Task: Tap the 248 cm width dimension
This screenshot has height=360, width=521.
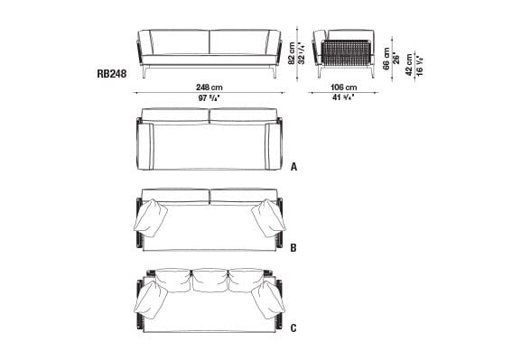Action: tap(210, 86)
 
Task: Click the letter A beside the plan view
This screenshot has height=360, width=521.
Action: tap(293, 167)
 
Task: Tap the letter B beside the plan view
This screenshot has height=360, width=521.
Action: tap(293, 245)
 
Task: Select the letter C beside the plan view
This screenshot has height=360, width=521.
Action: tap(293, 326)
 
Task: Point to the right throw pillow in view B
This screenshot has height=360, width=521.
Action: tap(267, 217)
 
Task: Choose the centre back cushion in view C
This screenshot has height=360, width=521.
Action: tap(210, 282)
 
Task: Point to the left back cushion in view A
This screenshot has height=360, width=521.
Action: tap(175, 116)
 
